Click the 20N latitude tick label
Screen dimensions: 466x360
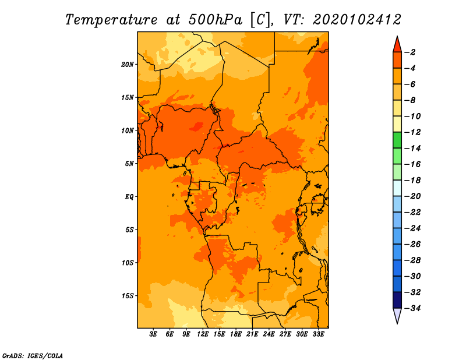click(x=128, y=65)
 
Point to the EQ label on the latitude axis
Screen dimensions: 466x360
click(x=129, y=197)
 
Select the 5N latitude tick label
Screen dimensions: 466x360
click(x=129, y=164)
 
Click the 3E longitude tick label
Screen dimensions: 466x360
click(x=153, y=334)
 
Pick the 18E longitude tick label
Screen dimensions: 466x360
click(x=236, y=334)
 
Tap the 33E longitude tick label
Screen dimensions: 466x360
click(x=318, y=334)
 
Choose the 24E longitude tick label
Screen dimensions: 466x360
click(x=269, y=334)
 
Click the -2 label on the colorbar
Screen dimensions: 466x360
click(x=411, y=52)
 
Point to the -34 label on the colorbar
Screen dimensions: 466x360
click(x=413, y=308)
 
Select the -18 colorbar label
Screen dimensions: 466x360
click(x=413, y=181)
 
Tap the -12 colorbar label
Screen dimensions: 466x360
click(x=413, y=132)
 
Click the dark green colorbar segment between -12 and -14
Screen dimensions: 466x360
click(x=397, y=140)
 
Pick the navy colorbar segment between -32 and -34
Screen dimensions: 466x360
click(x=397, y=300)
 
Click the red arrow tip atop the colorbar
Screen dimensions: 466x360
click(x=397, y=37)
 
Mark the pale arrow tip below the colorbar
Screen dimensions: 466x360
click(x=397, y=323)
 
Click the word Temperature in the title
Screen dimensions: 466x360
click(x=111, y=20)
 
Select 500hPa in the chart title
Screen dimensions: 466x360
click(x=215, y=20)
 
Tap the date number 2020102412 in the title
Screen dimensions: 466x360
click(x=357, y=20)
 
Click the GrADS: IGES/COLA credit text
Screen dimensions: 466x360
click(x=33, y=356)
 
